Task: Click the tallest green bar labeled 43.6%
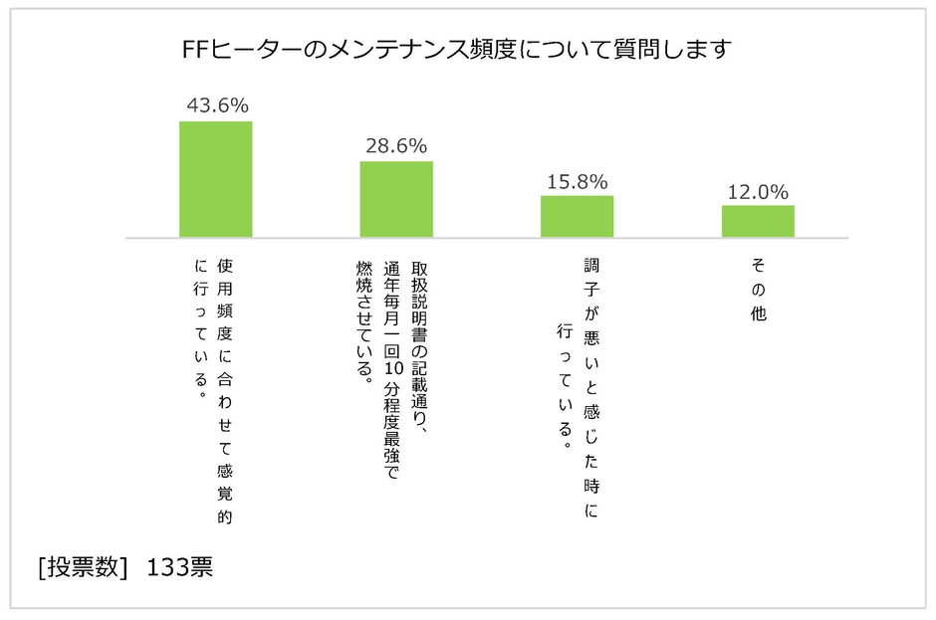[215, 179]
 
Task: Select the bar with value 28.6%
[396, 199]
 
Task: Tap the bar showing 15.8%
[578, 216]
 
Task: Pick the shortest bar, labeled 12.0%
[758, 221]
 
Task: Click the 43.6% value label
[216, 104]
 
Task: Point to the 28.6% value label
[396, 144]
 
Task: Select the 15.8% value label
[578, 181]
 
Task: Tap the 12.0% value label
[758, 191]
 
